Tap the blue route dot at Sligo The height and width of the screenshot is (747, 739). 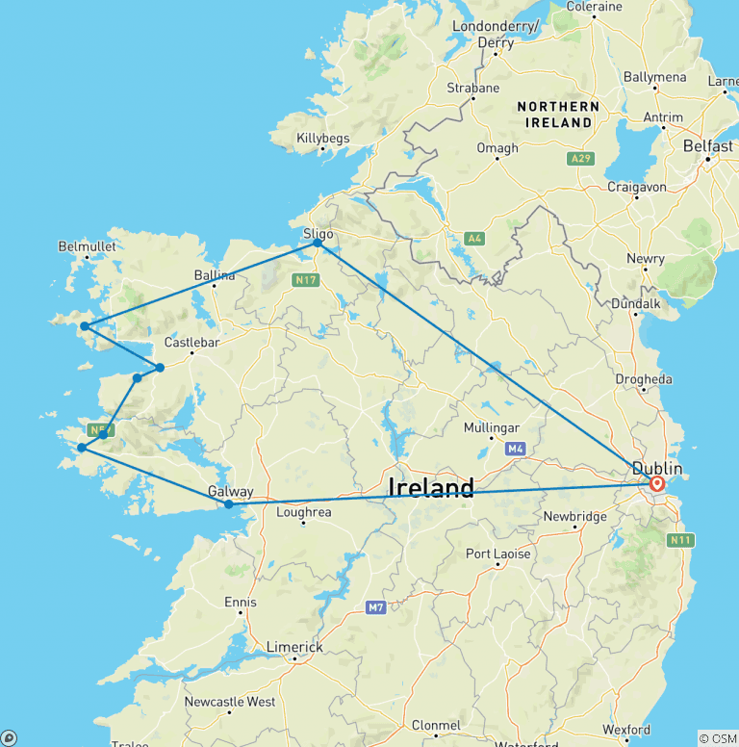(x=318, y=244)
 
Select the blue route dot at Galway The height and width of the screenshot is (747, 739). (x=229, y=504)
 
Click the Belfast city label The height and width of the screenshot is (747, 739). (x=707, y=146)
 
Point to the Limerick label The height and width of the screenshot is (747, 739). (x=294, y=647)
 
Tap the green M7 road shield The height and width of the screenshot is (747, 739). (x=375, y=607)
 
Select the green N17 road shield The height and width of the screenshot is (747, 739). (x=305, y=279)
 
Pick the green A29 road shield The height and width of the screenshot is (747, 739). (x=579, y=158)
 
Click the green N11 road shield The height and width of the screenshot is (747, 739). (x=679, y=541)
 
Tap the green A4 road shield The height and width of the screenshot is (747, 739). (x=473, y=238)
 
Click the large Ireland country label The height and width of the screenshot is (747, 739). (x=431, y=488)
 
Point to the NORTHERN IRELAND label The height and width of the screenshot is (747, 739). (x=558, y=115)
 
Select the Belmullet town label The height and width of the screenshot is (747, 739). (x=87, y=246)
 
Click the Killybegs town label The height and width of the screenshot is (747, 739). (x=322, y=139)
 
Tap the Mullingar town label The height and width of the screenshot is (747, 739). (x=491, y=427)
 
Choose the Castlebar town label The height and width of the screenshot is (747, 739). (x=192, y=342)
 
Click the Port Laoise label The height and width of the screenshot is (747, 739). (x=497, y=554)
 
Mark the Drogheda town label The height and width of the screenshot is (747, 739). (x=644, y=379)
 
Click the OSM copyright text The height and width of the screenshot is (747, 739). (x=717, y=738)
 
